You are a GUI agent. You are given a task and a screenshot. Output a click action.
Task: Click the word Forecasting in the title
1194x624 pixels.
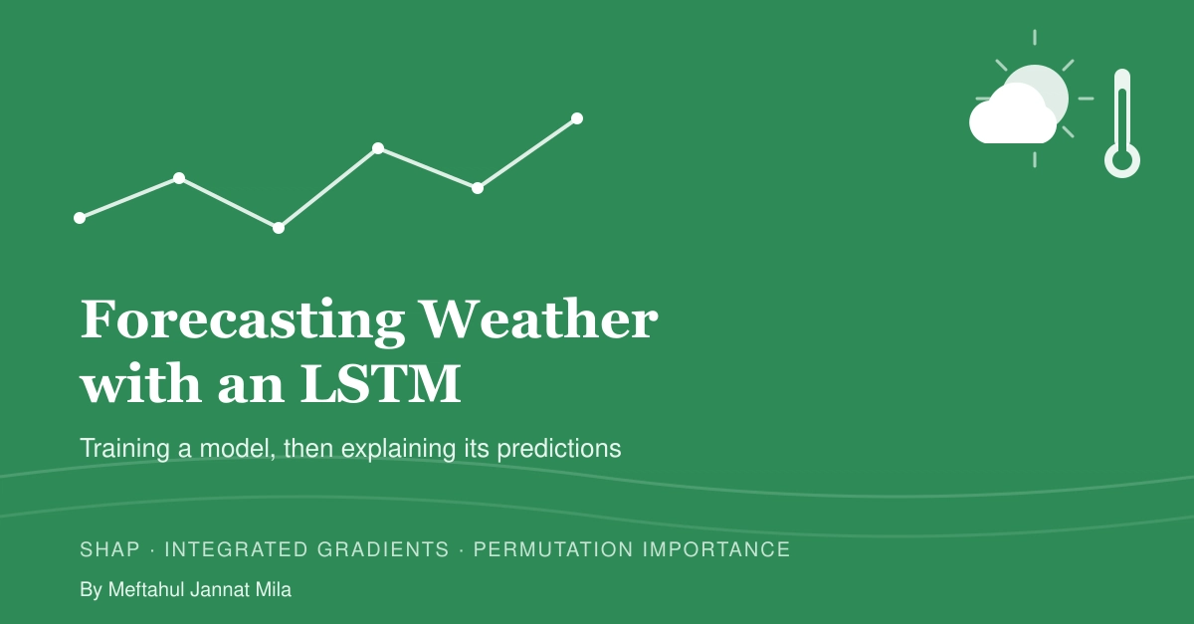pos(243,321)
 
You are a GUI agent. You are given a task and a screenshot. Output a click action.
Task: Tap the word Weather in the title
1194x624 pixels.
pos(539,318)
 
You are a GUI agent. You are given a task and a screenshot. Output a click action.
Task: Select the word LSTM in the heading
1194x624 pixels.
pos(380,383)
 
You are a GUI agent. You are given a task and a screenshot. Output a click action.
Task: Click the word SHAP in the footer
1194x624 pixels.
pos(109,549)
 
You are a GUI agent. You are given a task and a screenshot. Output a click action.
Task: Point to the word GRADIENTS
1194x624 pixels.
pos(383,549)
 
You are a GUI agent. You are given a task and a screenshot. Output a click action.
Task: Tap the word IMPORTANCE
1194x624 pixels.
pos(716,549)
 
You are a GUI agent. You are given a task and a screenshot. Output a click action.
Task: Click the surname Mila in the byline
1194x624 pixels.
pos(274,589)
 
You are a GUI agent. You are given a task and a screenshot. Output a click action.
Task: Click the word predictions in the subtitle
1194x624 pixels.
pos(559,449)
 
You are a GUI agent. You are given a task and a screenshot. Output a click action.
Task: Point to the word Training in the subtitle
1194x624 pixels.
pos(124,449)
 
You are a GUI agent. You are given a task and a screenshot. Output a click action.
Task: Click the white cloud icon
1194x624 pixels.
pos(1011,115)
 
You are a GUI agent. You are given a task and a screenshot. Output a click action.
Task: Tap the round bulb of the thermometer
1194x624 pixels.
pos(1122,160)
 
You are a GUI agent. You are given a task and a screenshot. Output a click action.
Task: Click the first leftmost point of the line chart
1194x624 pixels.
pos(80,218)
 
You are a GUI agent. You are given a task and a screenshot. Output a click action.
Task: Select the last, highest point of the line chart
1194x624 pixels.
pos(577,118)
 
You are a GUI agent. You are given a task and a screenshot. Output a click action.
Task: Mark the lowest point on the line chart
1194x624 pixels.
pos(279,228)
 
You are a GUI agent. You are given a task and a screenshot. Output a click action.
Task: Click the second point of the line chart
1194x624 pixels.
pos(179,178)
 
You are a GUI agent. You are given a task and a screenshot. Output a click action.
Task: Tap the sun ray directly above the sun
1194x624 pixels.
pos(1035,38)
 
